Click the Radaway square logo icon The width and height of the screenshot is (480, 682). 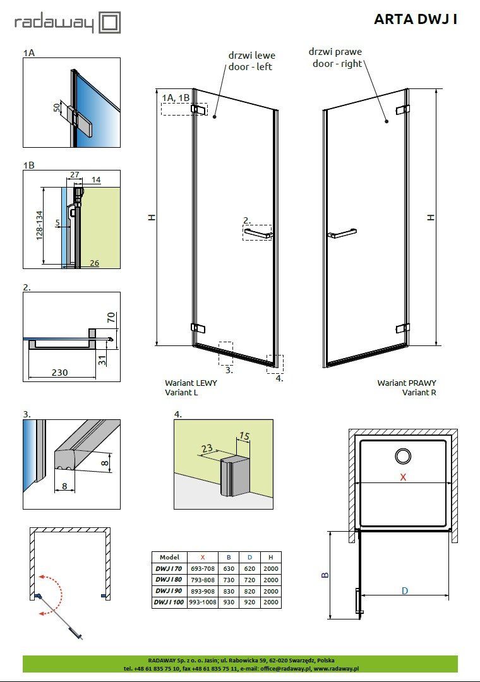(109, 23)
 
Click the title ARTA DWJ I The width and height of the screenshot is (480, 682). (416, 19)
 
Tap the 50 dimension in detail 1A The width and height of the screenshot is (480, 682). (57, 107)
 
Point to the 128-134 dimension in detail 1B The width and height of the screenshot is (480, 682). (40, 225)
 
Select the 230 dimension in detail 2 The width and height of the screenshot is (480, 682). (59, 373)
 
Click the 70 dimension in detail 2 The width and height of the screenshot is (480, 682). (111, 318)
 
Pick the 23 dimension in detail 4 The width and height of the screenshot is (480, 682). (207, 448)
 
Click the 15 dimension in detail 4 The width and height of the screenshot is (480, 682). (244, 435)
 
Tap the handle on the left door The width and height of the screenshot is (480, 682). (258, 234)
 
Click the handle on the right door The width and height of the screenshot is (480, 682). (342, 232)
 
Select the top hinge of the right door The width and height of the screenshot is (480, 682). (402, 110)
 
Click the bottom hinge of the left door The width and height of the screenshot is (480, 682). (198, 328)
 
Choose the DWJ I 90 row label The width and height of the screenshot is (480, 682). (169, 591)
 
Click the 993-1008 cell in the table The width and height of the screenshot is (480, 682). (202, 602)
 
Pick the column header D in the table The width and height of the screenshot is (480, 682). (250, 557)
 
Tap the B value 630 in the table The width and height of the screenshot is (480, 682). (229, 568)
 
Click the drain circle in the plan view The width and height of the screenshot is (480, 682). (403, 456)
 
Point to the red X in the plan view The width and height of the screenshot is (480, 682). (403, 477)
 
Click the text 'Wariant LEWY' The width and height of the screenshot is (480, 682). (191, 383)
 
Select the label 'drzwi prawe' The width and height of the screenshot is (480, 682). (335, 52)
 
